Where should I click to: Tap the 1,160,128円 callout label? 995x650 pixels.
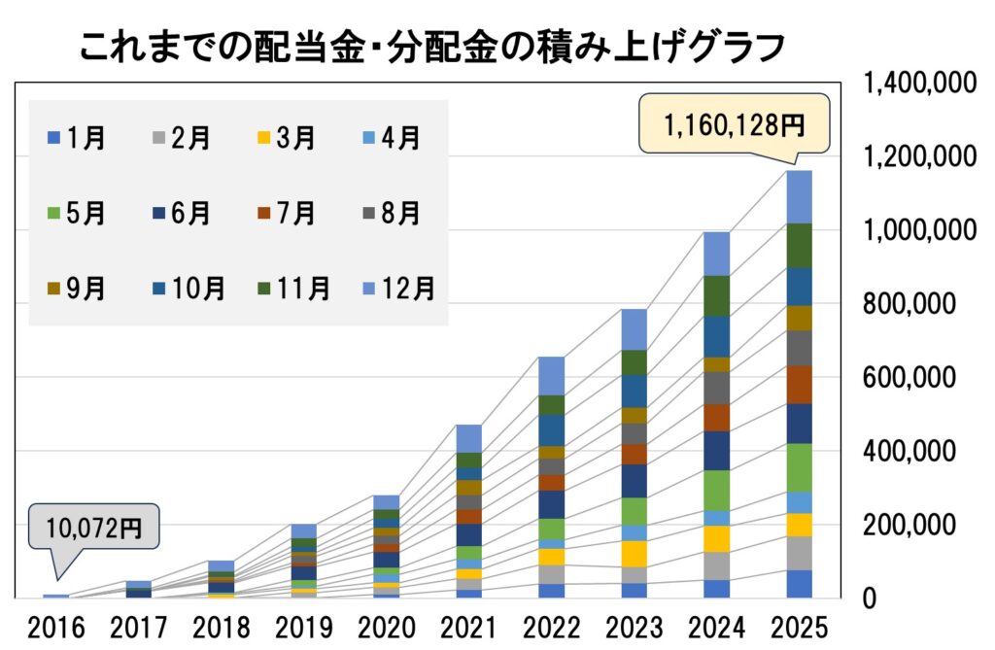tap(734, 124)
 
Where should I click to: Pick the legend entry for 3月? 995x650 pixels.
tap(286, 139)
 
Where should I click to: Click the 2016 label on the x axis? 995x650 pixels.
tap(56, 624)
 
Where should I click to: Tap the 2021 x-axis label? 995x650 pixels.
tap(467, 624)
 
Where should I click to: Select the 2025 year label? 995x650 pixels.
tap(799, 624)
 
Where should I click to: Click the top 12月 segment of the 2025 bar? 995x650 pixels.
tap(800, 197)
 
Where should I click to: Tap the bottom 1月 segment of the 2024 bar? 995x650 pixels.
tap(717, 589)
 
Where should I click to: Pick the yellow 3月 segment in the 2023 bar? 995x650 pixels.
tap(635, 554)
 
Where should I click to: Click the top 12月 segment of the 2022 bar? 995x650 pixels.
tap(552, 375)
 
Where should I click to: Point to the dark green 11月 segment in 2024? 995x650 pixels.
tap(717, 295)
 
